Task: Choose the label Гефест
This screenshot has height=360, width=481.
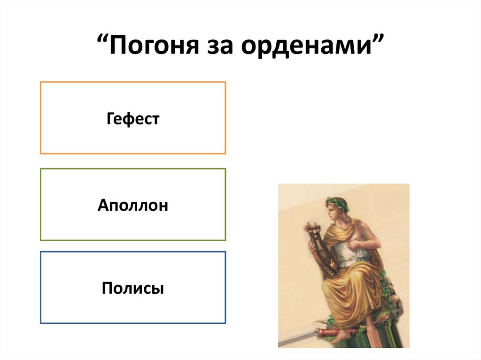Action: coord(133,118)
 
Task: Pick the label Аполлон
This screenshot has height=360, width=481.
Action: coord(133,205)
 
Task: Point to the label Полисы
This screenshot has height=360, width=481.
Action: coord(133,288)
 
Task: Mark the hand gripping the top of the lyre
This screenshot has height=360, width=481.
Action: coord(311,229)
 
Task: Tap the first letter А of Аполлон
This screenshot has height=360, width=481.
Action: coord(102,205)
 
